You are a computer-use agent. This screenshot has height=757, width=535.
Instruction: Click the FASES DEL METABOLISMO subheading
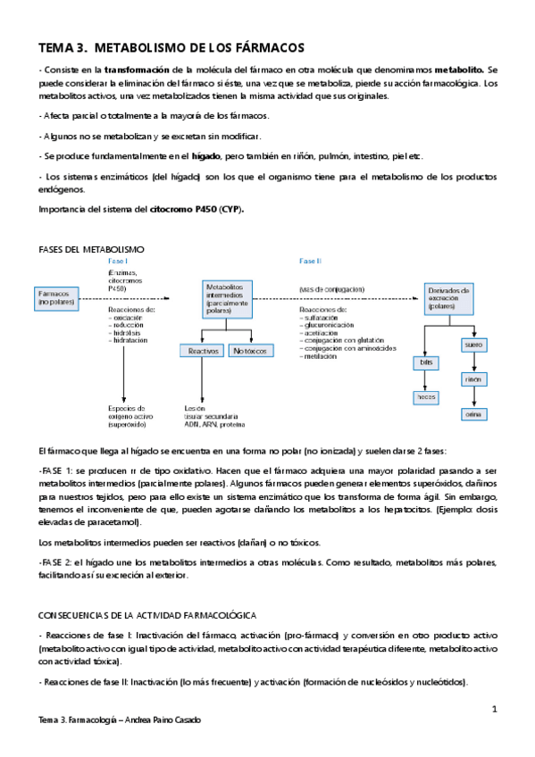pyautogui.click(x=92, y=248)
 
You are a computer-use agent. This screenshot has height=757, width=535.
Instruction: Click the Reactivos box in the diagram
pyautogui.click(x=203, y=352)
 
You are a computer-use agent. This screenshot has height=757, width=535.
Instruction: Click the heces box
pyautogui.click(x=427, y=397)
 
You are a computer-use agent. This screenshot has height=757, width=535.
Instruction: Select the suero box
pyautogui.click(x=473, y=345)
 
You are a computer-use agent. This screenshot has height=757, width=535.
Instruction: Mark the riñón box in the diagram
pyautogui.click(x=473, y=379)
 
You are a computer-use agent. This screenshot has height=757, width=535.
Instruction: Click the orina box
pyautogui.click(x=473, y=414)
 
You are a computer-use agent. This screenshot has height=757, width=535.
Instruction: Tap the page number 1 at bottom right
pyautogui.click(x=494, y=708)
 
